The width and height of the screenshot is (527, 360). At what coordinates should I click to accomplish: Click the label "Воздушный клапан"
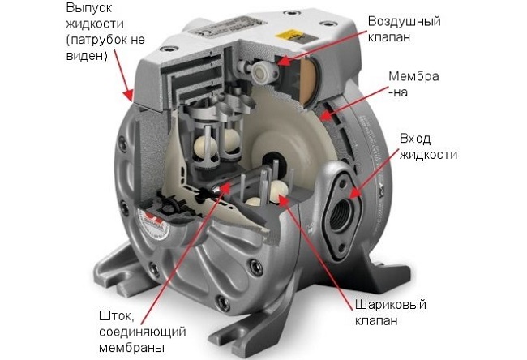coord(404,29)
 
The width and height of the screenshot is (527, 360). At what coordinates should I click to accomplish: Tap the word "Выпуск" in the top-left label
coord(88,8)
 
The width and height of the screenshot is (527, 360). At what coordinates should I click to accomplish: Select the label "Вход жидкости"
coord(428,147)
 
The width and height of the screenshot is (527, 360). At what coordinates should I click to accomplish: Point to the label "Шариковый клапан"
coord(391,312)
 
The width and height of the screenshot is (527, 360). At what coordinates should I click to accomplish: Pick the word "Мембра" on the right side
coord(413,76)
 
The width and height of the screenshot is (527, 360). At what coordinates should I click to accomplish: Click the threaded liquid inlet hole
coord(341,215)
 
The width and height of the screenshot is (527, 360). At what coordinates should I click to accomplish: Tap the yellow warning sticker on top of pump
coord(287,35)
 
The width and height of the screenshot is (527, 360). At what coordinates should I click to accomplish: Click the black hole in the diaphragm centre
coord(272,160)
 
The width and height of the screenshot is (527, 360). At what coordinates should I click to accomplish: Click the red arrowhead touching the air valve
coord(283,61)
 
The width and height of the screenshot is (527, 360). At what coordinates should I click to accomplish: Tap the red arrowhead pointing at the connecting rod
coord(226,187)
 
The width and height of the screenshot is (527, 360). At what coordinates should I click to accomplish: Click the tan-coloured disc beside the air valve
coord(308,80)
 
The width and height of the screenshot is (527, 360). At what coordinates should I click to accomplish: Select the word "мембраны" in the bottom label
coord(132,348)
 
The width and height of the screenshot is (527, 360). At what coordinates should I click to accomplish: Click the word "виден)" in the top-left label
coord(87,56)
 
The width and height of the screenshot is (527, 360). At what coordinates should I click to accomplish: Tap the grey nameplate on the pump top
coord(226,26)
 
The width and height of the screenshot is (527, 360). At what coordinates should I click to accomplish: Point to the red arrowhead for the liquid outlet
coord(130,95)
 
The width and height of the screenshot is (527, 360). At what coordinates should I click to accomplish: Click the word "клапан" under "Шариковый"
coord(376,320)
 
